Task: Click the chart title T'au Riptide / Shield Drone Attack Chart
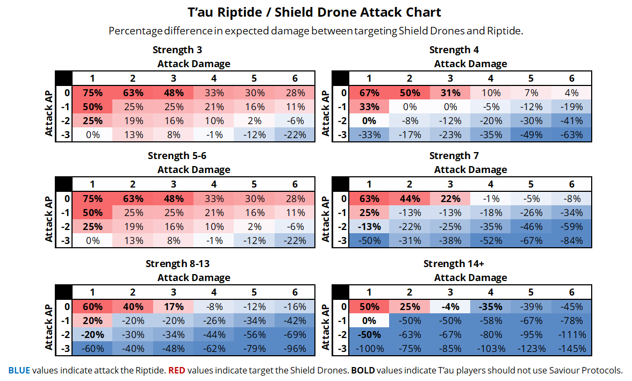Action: [315, 12]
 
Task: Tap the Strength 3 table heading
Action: [177, 50]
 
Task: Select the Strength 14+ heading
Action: [454, 263]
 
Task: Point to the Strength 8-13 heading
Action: [177, 263]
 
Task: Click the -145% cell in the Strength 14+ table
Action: [571, 348]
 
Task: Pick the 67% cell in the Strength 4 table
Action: [369, 92]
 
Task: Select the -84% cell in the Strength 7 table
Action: [571, 240]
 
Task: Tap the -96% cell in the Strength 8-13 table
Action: [295, 348]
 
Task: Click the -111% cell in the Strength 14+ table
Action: [571, 334]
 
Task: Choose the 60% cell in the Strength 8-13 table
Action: [92, 307]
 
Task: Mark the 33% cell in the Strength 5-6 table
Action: [213, 198]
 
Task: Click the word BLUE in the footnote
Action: [19, 370]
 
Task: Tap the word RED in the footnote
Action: [176, 370]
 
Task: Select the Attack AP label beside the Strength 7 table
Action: [325, 219]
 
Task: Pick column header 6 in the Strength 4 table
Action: [571, 78]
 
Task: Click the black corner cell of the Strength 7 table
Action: [340, 184]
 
